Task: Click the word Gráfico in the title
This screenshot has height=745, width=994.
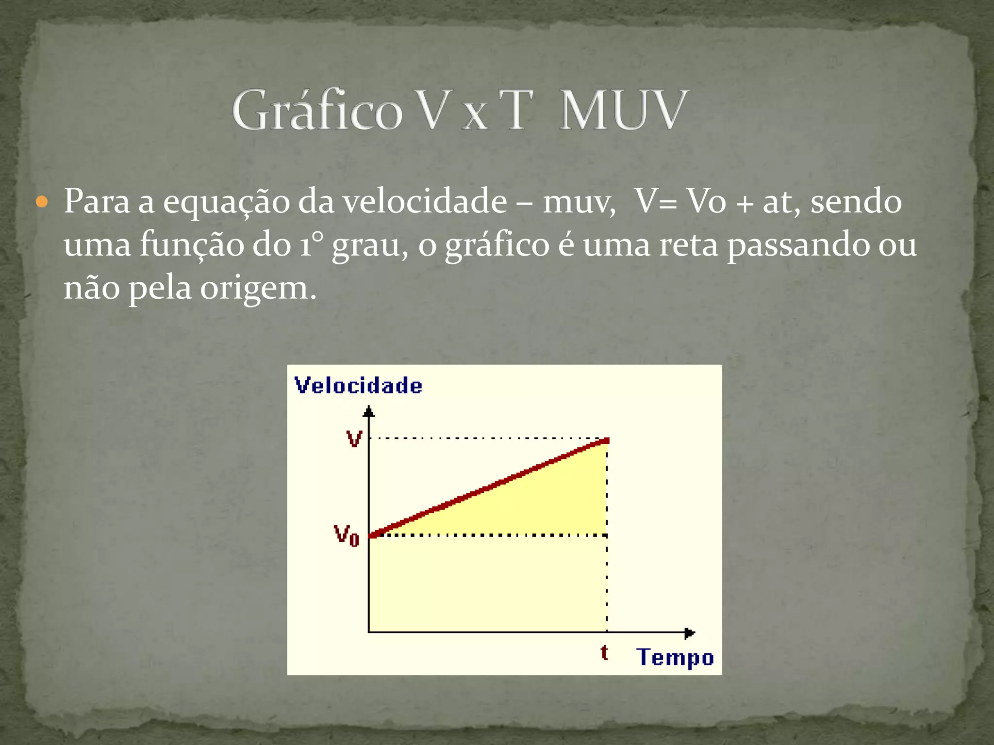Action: [317, 111]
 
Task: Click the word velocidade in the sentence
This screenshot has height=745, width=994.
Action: [425, 201]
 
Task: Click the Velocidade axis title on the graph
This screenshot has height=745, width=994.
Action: [358, 386]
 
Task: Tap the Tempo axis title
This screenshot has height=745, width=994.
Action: [675, 657]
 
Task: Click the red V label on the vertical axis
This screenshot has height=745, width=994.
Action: [354, 439]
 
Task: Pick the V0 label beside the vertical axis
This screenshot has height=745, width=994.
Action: [347, 535]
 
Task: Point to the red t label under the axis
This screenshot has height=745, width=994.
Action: [604, 653]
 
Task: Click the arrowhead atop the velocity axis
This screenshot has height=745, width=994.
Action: [369, 412]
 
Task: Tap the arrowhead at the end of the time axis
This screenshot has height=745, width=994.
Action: [690, 633]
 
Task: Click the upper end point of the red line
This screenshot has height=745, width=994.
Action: [606, 441]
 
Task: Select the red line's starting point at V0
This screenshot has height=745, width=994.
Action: [372, 535]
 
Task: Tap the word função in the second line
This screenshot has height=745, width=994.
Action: [192, 245]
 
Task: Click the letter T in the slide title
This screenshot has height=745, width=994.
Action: [515, 111]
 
